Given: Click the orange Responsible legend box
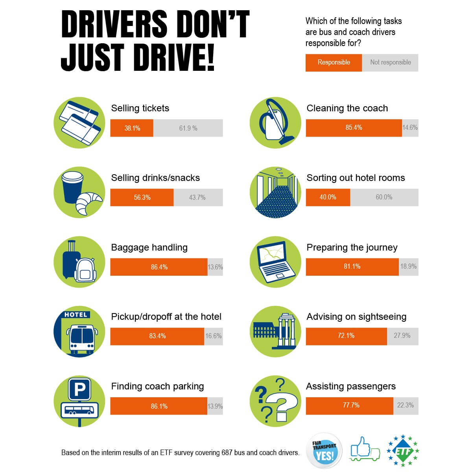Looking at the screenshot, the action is tap(334, 63).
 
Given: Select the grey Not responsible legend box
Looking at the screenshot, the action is tap(390, 63).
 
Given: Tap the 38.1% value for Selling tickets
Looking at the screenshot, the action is tap(132, 128).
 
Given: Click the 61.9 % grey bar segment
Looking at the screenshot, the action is tap(188, 128).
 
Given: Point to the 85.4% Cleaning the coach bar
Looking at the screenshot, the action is tap(354, 128).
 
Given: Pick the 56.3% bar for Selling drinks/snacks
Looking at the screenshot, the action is tap(142, 197).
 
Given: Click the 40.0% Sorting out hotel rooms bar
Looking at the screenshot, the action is tap(328, 197).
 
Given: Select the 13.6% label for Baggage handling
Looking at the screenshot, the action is tap(215, 267).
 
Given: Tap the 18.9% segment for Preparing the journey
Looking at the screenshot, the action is tap(409, 267).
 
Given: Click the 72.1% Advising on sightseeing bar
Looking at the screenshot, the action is tap(347, 336).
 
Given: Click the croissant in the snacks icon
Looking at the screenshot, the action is tap(88, 203).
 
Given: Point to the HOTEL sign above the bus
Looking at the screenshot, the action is tap(76, 315).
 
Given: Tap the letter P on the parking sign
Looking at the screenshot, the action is tap(79, 390).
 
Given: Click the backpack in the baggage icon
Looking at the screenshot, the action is tap(85, 270).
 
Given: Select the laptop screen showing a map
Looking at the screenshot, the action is tap(272, 254).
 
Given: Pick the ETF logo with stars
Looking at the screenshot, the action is tap(403, 450).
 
